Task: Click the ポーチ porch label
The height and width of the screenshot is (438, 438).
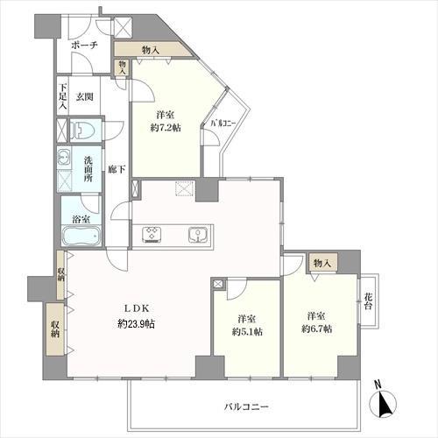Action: (x=84, y=46)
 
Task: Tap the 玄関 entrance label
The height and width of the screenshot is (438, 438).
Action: (x=85, y=96)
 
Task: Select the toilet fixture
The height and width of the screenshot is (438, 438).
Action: (x=84, y=130)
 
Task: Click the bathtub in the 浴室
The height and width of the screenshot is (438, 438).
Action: (x=81, y=236)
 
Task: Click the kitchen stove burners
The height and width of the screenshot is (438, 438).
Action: (x=152, y=235)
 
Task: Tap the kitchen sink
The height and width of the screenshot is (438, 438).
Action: (x=198, y=235)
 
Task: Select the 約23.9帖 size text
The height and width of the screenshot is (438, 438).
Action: (x=137, y=324)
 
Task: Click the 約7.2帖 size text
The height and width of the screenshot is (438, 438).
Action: (x=166, y=128)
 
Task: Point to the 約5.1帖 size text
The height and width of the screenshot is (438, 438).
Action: (x=247, y=332)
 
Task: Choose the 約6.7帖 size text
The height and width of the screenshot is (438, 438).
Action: (x=316, y=329)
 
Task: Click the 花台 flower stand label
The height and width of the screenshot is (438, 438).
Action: (x=369, y=301)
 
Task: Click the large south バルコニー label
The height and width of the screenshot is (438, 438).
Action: (x=246, y=406)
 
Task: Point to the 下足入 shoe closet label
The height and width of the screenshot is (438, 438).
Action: (x=62, y=96)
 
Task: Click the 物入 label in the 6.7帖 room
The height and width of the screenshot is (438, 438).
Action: (x=322, y=263)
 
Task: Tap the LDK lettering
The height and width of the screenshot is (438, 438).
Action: (x=137, y=308)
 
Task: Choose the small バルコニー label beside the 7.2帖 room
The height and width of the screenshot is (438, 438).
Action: (x=223, y=124)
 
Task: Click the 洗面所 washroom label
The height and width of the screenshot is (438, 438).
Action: (x=88, y=169)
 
